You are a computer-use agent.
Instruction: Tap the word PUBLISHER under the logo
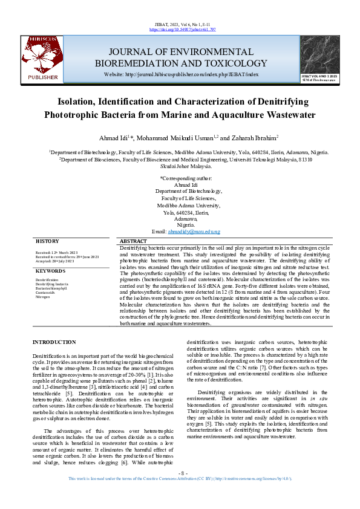point(43,77)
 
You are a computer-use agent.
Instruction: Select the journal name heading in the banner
point(182,57)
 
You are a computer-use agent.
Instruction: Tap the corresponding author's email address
point(194,232)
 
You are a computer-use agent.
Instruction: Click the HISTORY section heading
point(47,241)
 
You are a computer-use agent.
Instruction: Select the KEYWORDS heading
point(50,271)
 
